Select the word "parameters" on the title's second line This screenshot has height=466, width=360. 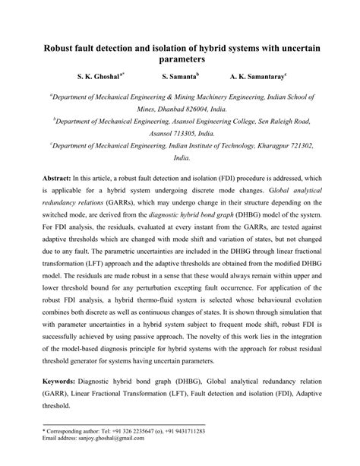click(180, 59)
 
